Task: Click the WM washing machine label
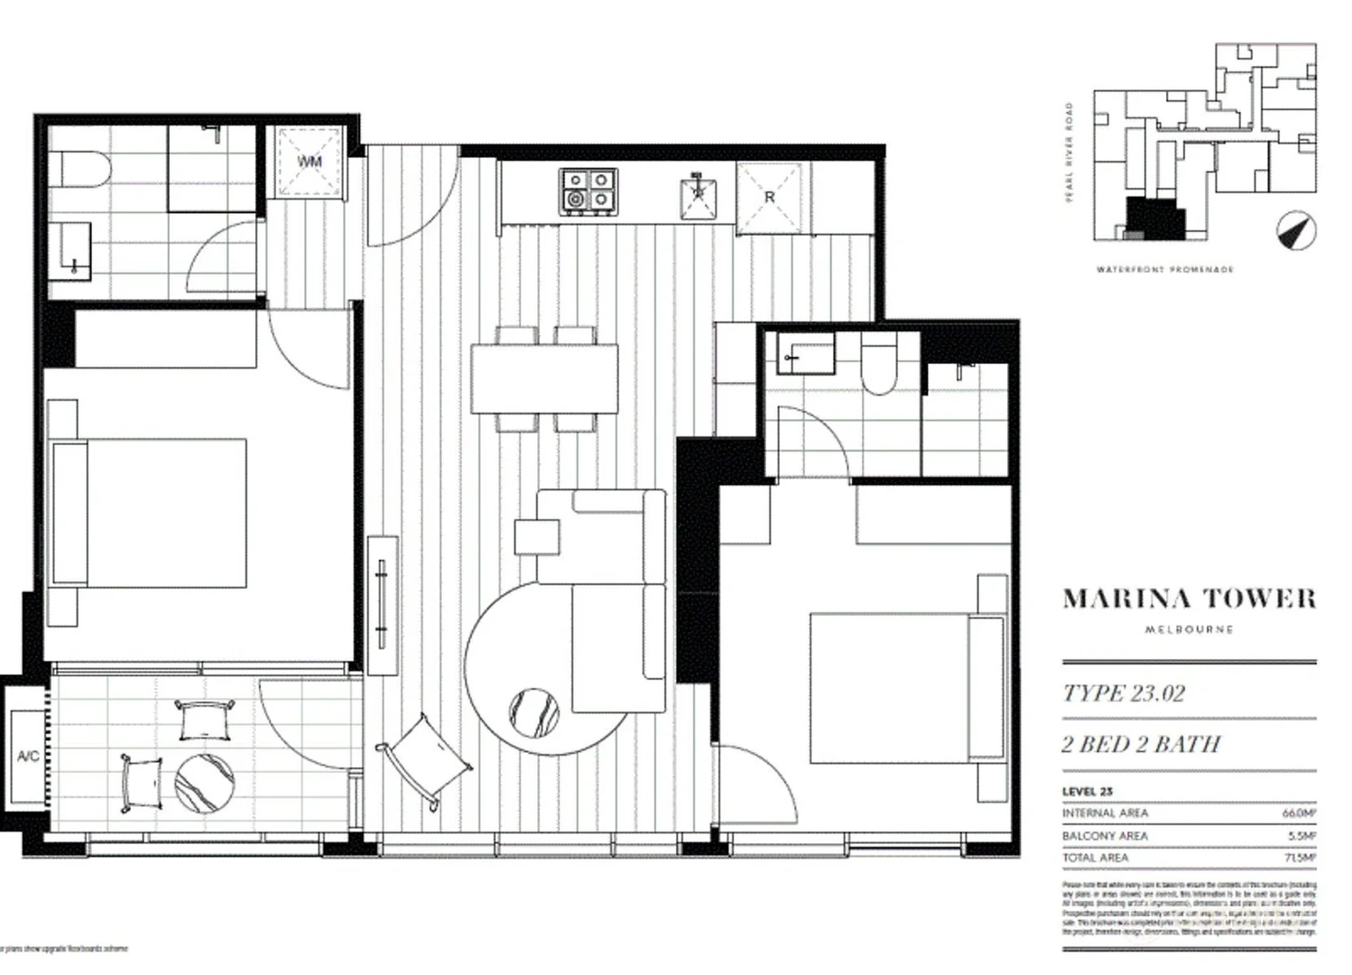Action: (310, 162)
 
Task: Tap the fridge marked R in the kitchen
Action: (769, 196)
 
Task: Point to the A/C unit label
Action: (28, 756)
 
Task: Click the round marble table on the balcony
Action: (204, 784)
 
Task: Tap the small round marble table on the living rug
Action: (533, 714)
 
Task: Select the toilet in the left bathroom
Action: (79, 169)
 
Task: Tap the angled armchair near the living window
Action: (424, 755)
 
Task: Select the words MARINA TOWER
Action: (1189, 599)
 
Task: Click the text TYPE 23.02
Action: (1124, 693)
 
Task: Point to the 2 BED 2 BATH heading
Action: (1141, 744)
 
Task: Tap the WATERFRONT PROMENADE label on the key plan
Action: (1164, 270)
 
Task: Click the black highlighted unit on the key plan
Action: (1153, 218)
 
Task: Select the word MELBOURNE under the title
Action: (1189, 629)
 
